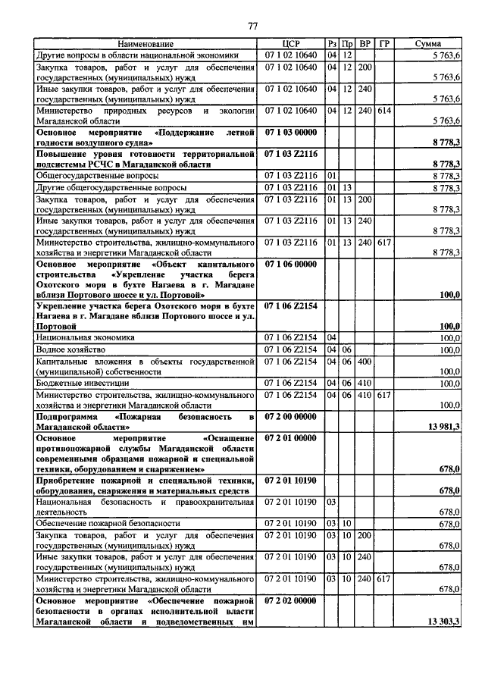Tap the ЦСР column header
coord(291,45)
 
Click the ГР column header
coord(384,45)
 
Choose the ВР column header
coord(365,45)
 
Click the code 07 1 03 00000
coord(291,132)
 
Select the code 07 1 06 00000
coord(291,262)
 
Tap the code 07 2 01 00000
coord(291,437)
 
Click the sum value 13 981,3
coord(444,428)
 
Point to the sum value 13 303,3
coord(444,622)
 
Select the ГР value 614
coord(384,110)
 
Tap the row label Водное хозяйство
coord(72,350)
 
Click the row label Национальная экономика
coord(84,337)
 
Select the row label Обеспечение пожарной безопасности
coord(108,523)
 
